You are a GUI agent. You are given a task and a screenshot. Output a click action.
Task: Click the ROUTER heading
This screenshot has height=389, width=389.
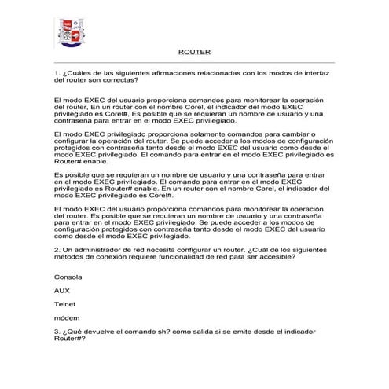(193, 52)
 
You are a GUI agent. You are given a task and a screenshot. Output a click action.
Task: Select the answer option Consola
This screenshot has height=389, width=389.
(68, 277)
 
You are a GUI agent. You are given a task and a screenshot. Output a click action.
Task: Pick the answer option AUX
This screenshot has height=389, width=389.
(61, 290)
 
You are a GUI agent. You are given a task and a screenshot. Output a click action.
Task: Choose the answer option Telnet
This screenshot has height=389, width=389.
(64, 303)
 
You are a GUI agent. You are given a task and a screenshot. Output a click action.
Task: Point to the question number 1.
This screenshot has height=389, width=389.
(57, 72)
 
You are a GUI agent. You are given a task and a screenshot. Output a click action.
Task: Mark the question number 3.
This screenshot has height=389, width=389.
(57, 332)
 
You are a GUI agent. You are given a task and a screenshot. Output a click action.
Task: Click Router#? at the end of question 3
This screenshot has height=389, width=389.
(69, 339)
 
